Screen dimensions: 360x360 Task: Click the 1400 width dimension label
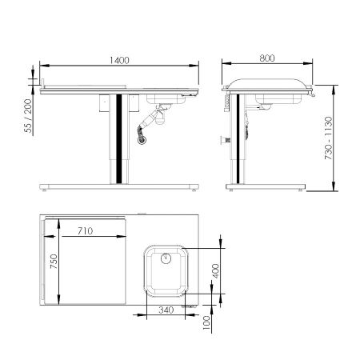coord(118,61)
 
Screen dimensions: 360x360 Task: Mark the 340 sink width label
coord(166,310)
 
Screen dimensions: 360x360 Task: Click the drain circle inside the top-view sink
coord(165,258)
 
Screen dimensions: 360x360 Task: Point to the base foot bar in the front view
coord(118,186)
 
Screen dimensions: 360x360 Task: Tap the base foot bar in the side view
coord(265,186)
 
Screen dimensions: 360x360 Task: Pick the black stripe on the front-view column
coord(120,136)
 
